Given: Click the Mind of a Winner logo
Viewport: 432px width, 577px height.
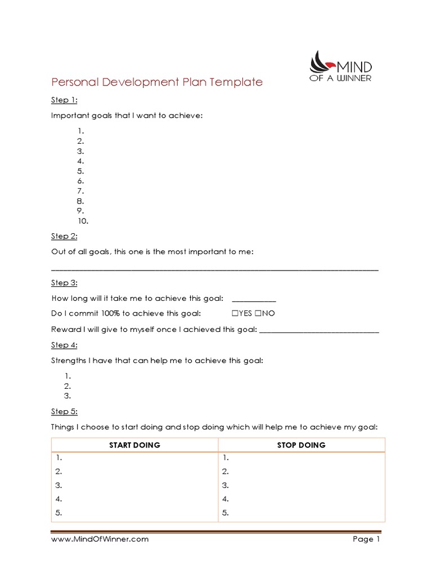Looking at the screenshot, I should (340, 66).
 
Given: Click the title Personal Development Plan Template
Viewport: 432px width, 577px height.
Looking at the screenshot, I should (157, 82).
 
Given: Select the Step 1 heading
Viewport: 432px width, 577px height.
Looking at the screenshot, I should (65, 100).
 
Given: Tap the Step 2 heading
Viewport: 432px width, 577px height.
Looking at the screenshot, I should (65, 236).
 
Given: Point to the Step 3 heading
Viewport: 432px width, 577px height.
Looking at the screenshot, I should (65, 282).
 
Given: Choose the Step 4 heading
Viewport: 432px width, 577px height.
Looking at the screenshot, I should (65, 345).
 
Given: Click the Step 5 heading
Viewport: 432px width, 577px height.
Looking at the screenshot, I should (65, 412).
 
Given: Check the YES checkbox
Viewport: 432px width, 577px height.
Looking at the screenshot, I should (235, 314).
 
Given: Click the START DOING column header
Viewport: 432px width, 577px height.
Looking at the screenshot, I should (134, 445).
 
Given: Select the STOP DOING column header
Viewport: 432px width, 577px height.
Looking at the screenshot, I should (301, 445).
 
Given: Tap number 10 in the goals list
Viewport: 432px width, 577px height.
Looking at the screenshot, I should (83, 221).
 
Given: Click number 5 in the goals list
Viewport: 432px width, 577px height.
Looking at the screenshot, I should (80, 171).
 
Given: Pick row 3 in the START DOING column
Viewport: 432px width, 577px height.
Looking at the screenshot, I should (58, 485).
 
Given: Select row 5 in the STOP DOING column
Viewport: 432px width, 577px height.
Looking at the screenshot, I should (226, 513).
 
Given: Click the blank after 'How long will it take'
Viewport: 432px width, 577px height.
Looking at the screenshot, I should (254, 299).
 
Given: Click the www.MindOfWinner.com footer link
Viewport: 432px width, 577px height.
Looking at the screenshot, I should (100, 539).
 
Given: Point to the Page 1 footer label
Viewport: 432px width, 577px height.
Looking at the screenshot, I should (367, 539).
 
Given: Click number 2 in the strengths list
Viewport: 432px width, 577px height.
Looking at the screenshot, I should (67, 386).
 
